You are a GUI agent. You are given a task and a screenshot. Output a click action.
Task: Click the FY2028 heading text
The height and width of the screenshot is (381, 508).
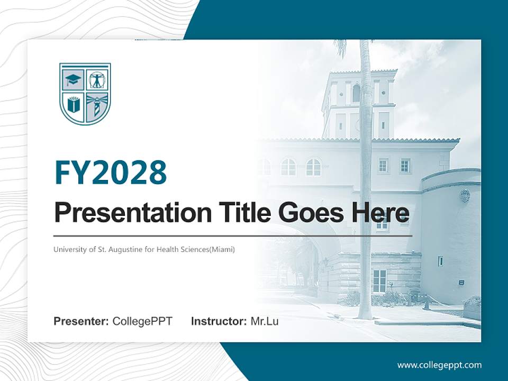[x=111, y=172]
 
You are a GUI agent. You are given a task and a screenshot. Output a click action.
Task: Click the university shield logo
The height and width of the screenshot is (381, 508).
[x=85, y=94]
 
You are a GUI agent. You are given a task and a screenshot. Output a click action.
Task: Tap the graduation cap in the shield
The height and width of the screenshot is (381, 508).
[x=72, y=80]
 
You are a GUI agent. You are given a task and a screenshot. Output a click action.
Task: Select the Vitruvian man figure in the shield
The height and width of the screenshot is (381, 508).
[x=97, y=80]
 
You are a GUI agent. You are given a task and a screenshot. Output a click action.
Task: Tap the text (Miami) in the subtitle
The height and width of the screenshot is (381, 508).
[x=222, y=249]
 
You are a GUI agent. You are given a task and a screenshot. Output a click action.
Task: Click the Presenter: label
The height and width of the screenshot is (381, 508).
[x=81, y=321]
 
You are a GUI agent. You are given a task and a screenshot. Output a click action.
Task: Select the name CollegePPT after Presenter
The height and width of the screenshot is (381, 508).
[x=142, y=321]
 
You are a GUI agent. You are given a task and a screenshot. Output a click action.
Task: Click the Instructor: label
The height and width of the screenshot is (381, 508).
[x=219, y=321]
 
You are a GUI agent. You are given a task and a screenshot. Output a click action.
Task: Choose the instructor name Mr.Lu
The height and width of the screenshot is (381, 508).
[x=264, y=321]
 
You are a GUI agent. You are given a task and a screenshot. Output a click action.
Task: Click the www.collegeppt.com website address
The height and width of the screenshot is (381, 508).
[x=439, y=365]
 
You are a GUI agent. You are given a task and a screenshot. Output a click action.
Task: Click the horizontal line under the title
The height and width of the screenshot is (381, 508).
[x=233, y=235]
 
